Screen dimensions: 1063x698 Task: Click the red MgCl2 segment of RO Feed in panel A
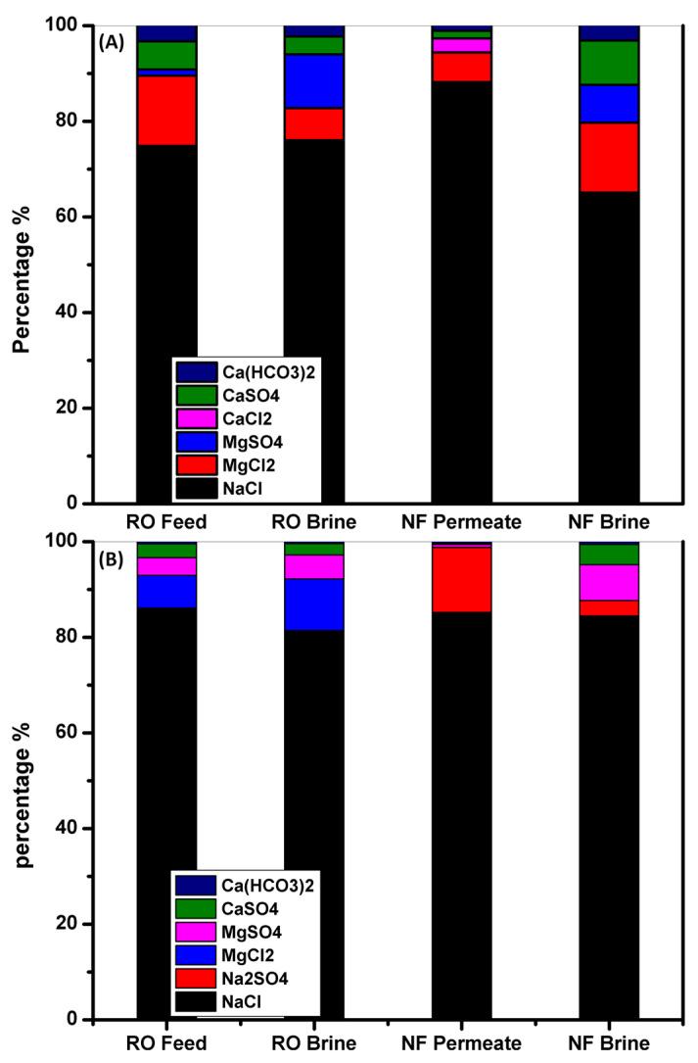point(166,110)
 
